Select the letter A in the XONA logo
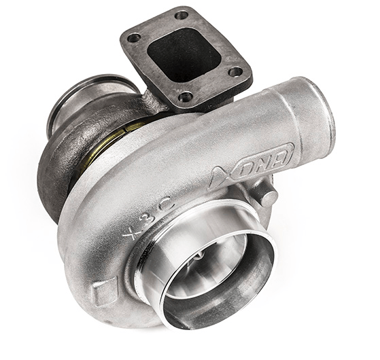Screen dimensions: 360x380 pos(282,153)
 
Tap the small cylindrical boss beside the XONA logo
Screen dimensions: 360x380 pos(269,198)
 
